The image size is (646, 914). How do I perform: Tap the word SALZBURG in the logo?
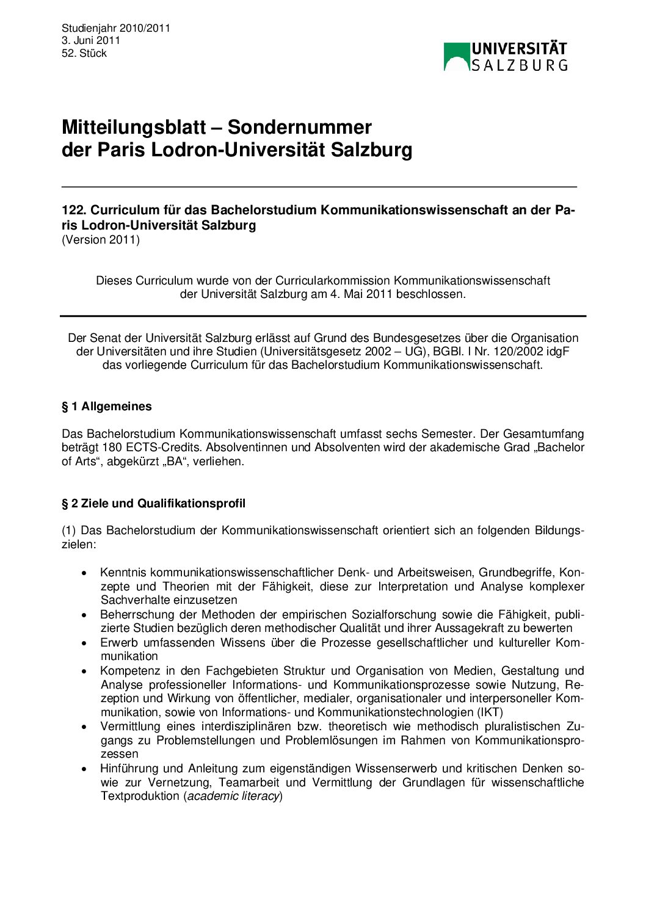coord(520,65)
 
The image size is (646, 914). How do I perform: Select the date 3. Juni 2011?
coord(91,40)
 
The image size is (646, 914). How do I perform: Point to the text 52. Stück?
coord(84,53)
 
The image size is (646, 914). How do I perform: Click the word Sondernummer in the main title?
coord(299,127)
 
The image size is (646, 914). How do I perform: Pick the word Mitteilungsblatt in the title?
coord(134,127)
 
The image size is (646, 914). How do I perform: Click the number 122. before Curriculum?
coord(73,210)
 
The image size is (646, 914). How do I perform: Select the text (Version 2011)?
coord(101,239)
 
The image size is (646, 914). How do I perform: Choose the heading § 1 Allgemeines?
coord(107,407)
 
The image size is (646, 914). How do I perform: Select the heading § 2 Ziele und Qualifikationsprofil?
coord(154,504)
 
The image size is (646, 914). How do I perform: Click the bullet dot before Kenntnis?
coord(84,573)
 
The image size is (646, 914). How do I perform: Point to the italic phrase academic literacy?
coord(233,796)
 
